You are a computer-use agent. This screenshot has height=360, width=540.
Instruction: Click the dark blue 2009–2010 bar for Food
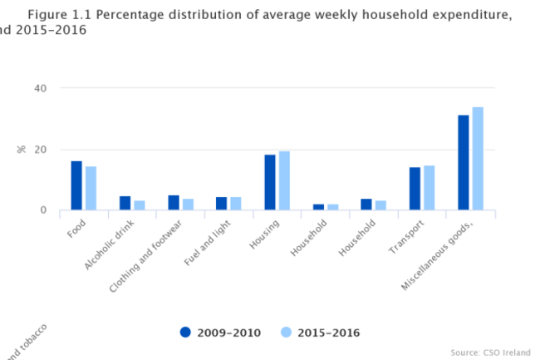(76, 185)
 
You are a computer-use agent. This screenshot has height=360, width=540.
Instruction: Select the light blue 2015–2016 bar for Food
(91, 189)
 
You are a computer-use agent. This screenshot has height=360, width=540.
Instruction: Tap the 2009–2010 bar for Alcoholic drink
(125, 203)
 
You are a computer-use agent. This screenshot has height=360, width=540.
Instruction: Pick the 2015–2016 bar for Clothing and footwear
(188, 205)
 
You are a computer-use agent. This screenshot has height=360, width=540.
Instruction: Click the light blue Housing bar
(284, 180)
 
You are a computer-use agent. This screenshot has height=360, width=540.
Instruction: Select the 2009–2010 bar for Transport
(415, 189)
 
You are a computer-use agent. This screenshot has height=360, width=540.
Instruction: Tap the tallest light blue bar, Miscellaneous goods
(478, 158)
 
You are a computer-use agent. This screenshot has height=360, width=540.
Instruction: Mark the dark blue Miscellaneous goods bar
(464, 163)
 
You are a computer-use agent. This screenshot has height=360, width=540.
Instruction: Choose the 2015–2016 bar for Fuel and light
(236, 204)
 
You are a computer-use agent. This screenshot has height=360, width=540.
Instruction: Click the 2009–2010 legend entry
(220, 333)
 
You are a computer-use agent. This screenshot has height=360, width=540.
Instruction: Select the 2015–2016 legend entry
(319, 333)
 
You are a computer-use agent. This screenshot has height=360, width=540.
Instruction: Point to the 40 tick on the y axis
(41, 88)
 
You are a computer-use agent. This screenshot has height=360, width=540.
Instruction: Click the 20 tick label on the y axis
(41, 150)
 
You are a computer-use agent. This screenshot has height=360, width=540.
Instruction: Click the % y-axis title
(21, 150)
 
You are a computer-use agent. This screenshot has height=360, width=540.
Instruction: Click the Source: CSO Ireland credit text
(491, 352)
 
